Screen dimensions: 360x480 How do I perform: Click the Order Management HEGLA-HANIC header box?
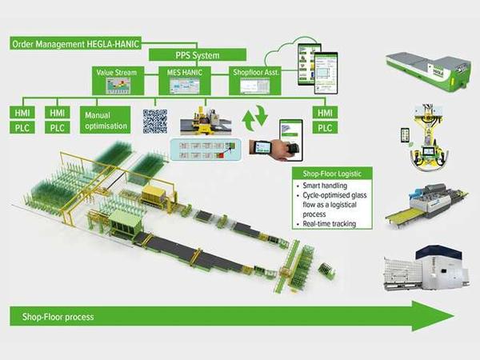coord(76,43)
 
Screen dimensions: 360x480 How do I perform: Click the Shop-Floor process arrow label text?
coord(52,317)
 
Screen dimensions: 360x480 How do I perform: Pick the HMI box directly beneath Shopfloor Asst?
coord(324,113)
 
